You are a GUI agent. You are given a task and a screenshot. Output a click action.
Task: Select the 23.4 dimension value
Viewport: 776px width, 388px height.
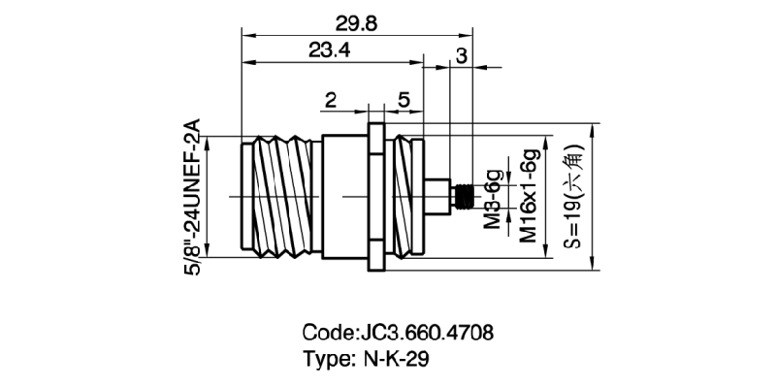click(330, 51)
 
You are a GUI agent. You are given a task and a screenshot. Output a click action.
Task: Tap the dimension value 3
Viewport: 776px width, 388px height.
click(461, 55)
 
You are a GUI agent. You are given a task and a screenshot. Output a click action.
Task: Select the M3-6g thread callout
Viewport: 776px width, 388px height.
click(493, 198)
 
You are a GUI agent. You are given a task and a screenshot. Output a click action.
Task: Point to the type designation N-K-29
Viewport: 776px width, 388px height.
click(393, 358)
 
